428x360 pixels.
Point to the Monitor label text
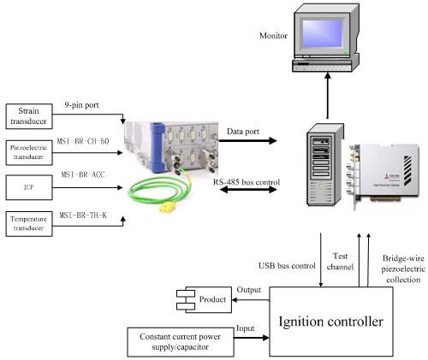(275, 35)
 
